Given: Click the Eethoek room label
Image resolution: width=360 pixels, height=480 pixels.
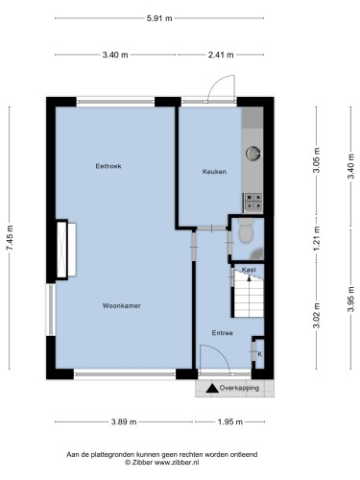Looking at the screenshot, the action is click(x=108, y=166).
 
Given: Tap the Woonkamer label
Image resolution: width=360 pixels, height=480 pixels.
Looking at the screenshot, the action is click(x=122, y=305).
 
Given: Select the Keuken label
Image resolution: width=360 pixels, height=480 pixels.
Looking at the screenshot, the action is click(x=214, y=172).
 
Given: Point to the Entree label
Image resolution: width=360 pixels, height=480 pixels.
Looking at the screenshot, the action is click(x=222, y=333).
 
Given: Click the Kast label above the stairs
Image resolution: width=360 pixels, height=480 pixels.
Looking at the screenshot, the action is click(x=249, y=270).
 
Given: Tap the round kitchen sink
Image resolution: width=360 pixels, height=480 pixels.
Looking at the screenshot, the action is click(x=252, y=153).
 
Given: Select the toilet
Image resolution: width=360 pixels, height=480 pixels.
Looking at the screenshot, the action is click(x=246, y=230).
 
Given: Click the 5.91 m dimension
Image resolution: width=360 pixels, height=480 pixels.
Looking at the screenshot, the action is click(x=159, y=18).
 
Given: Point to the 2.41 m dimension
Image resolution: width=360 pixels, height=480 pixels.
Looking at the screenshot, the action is click(x=221, y=55).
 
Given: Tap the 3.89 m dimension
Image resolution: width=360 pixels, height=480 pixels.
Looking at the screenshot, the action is click(x=124, y=422).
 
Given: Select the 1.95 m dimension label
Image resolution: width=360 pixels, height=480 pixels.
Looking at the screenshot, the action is click(x=230, y=422).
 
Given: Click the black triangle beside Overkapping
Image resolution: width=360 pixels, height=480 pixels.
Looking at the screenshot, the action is click(x=212, y=388).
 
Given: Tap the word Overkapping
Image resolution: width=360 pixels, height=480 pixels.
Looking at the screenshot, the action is click(x=239, y=388).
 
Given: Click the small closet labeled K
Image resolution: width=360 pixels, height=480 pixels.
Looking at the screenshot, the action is click(x=259, y=354).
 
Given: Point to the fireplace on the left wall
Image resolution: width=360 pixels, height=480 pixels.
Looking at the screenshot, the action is click(x=66, y=250).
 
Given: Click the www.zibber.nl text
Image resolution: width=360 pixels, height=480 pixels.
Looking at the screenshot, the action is click(x=177, y=463).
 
